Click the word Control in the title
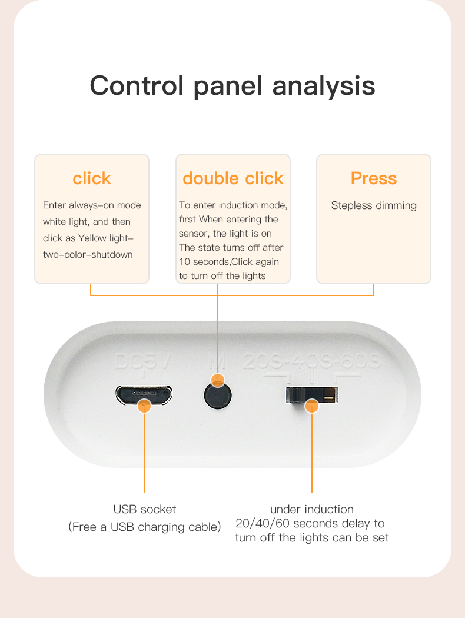(137, 85)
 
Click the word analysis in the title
(324, 86)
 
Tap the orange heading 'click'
(92, 178)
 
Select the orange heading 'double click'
(233, 178)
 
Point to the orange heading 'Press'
(374, 178)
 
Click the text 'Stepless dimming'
(374, 205)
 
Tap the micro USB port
(144, 395)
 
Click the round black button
(218, 396)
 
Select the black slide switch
(312, 395)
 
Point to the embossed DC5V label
(143, 361)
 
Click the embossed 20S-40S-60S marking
(312, 361)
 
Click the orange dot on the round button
(218, 380)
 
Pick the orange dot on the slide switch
(312, 406)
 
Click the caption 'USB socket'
(145, 509)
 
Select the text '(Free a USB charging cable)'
(145, 527)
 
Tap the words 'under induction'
(312, 509)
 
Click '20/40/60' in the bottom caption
(263, 523)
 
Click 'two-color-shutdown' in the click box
(88, 255)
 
